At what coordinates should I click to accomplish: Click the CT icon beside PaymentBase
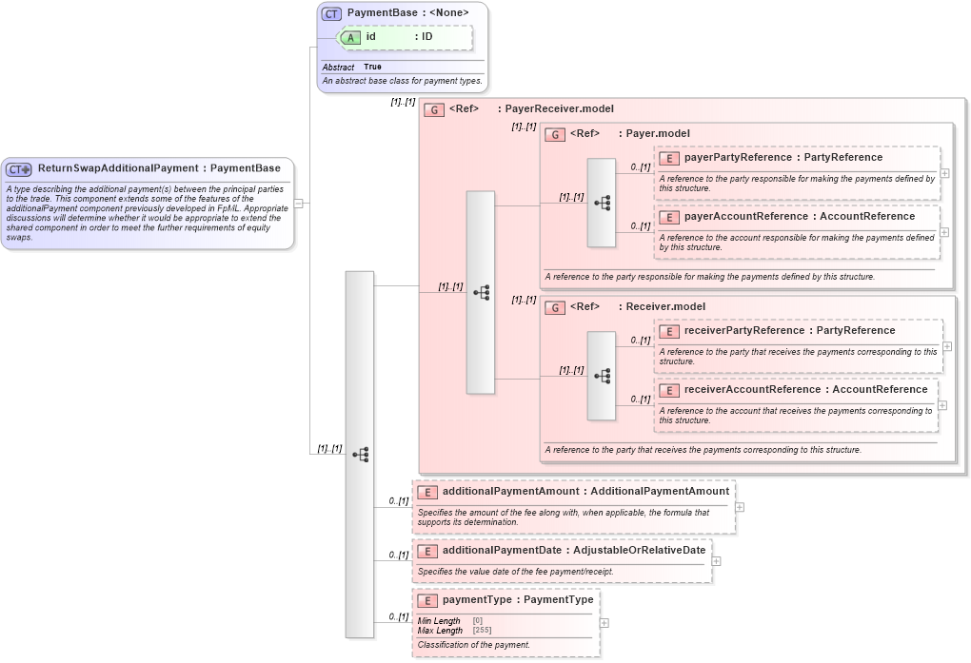(331, 13)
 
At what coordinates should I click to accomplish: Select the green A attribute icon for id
(351, 37)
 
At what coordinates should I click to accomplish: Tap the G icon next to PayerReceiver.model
(434, 109)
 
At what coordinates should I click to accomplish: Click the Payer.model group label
(658, 134)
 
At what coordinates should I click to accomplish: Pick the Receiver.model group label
(665, 307)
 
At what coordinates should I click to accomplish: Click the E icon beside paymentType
(427, 600)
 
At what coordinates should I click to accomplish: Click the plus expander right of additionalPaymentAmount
(740, 507)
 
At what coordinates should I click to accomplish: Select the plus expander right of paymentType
(604, 623)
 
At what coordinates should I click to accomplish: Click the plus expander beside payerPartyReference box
(944, 173)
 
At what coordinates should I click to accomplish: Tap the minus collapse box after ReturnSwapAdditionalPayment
(298, 203)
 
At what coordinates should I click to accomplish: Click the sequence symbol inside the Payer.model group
(602, 203)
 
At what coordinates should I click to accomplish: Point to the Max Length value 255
(484, 631)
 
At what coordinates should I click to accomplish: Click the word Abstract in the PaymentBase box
(338, 68)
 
